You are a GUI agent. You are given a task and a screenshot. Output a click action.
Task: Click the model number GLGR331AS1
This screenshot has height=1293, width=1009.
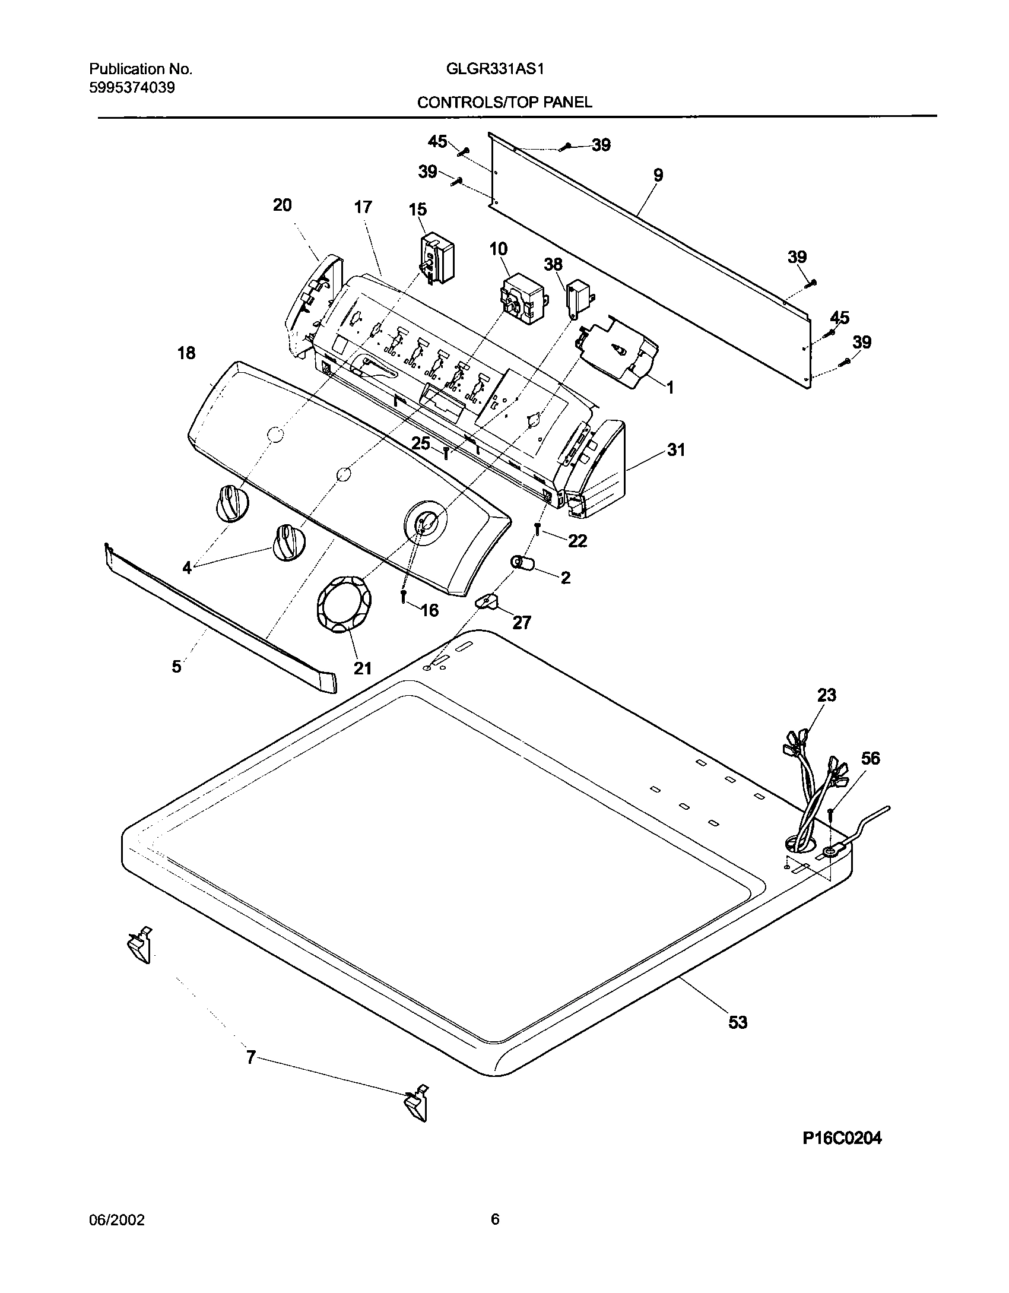(x=495, y=69)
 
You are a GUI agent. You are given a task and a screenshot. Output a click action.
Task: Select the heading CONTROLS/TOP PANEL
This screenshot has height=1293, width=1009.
(x=504, y=103)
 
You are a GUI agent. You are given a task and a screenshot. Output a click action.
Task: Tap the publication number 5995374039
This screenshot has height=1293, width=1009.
(x=132, y=88)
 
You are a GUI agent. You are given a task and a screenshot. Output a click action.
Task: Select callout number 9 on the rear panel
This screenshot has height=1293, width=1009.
(x=658, y=175)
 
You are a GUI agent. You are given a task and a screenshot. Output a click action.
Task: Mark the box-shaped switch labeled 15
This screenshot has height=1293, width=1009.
(x=437, y=259)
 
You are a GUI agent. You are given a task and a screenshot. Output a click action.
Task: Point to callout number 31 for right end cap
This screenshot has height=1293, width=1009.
(x=676, y=450)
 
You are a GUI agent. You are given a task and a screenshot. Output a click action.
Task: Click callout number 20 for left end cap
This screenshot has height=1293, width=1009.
(x=282, y=205)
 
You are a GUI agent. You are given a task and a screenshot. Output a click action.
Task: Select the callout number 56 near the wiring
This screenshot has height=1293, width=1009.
(x=871, y=758)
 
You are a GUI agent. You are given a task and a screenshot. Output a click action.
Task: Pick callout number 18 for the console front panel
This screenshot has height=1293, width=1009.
(x=186, y=353)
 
